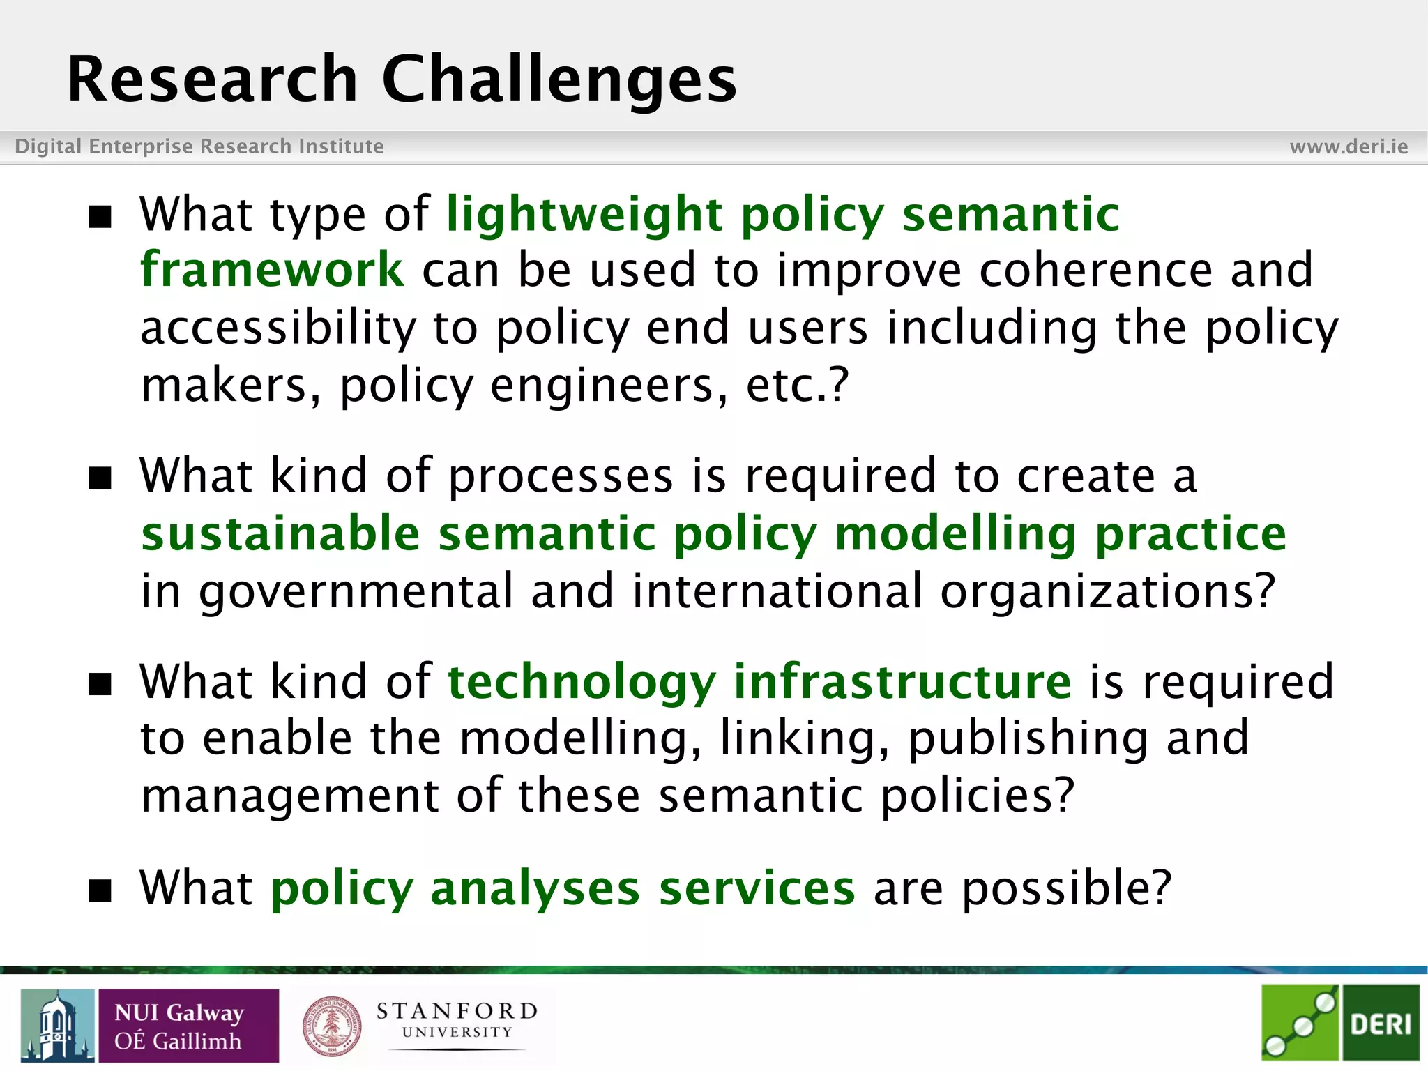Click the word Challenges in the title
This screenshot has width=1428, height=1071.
pos(559,80)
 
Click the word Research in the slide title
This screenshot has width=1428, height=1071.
pos(212,80)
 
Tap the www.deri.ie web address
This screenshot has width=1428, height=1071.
pos(1349,146)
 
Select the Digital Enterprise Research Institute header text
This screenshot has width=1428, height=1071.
pos(199,146)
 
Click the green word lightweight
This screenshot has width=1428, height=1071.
pos(584,214)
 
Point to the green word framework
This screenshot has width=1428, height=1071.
pos(272,270)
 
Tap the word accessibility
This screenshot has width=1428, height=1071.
pos(278,328)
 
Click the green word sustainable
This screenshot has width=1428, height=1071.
pos(280,534)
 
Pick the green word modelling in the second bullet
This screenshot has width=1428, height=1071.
pos(956,534)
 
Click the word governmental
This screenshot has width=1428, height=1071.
pos(356,591)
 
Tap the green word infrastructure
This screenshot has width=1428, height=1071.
pos(902,681)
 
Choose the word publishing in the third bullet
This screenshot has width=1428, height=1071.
pos(1028,738)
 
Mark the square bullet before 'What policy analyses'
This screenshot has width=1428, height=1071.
pos(100,890)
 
